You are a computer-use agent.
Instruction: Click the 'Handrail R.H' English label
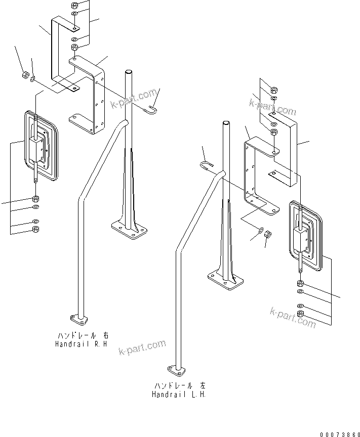click(x=82, y=343)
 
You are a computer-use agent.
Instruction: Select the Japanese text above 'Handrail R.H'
click(x=83, y=335)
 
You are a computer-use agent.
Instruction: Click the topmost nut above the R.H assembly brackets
click(x=74, y=6)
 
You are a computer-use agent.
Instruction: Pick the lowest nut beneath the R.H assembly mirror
click(x=35, y=229)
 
